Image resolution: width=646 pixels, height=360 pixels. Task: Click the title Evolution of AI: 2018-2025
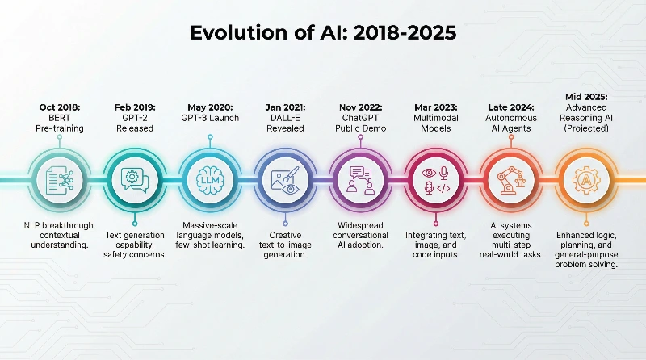(323, 33)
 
